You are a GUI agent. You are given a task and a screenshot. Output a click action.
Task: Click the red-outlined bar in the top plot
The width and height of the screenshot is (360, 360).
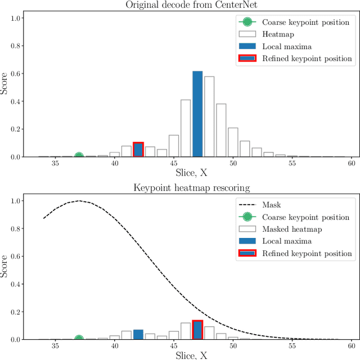[x=138, y=150]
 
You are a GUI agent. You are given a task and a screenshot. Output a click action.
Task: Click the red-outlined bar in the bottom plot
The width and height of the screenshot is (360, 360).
[x=197, y=330]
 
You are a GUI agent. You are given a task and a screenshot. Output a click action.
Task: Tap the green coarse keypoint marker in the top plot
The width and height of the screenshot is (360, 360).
[x=79, y=156]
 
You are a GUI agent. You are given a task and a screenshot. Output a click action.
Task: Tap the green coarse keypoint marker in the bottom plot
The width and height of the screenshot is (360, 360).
[x=79, y=339]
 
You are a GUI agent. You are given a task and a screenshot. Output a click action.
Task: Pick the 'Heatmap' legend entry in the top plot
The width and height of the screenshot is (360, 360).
[x=277, y=34]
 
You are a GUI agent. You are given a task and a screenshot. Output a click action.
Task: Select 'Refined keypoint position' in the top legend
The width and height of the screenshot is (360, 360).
[x=307, y=58]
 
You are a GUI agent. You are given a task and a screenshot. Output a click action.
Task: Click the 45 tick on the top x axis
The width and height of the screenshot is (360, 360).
[x=174, y=164]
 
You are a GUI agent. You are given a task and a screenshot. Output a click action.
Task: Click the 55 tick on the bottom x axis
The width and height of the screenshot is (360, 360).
[x=292, y=346]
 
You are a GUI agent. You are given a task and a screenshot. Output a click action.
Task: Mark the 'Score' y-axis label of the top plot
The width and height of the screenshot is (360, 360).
[x=5, y=83]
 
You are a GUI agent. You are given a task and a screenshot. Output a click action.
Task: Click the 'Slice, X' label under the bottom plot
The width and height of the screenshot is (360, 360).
[x=191, y=355]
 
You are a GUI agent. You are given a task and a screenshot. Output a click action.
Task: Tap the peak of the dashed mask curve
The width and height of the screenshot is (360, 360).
[x=79, y=201]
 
